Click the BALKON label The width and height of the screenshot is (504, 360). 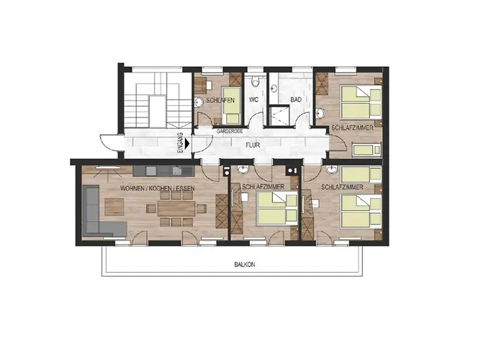[244, 264]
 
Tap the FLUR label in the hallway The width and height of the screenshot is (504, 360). [253, 145]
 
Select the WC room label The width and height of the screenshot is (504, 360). [253, 99]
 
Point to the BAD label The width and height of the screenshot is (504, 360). [296, 99]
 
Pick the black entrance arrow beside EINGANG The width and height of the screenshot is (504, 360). [187, 144]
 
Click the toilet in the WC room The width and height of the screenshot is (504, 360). [256, 81]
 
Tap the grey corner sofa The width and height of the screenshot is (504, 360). [99, 211]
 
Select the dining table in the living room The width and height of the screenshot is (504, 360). [176, 208]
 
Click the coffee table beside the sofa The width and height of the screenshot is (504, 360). [114, 207]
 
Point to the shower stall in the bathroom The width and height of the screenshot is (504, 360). [279, 115]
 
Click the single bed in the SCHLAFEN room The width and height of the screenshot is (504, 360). [231, 105]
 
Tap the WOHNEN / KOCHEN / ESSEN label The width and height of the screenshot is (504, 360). [157, 188]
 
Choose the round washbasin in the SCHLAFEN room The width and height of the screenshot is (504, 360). [199, 102]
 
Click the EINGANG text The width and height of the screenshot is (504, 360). [180, 143]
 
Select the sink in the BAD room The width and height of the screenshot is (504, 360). [274, 88]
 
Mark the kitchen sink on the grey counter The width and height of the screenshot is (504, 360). [176, 171]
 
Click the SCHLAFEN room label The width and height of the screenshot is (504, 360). [220, 100]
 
